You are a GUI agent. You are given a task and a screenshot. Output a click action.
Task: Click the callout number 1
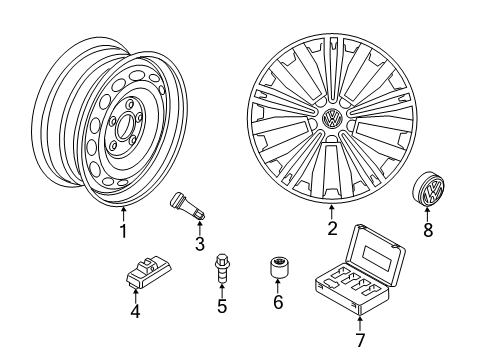[123, 231]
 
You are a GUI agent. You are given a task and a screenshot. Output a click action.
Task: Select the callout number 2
[332, 228]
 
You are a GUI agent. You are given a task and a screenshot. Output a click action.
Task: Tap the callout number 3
[200, 244]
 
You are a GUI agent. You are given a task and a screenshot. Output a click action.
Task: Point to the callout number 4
[135, 312]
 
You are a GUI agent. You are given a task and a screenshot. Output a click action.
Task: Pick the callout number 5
[222, 306]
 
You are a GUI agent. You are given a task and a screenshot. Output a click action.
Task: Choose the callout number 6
[278, 302]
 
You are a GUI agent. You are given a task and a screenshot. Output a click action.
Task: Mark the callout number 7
[360, 340]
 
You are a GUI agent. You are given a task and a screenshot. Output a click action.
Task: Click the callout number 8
[428, 230]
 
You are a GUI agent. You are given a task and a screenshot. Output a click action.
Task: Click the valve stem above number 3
[187, 206]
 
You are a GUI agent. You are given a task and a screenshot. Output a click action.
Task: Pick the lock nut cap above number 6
[278, 267]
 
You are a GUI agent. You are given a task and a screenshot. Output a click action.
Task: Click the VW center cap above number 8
[429, 189]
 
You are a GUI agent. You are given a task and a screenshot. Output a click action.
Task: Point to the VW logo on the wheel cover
[332, 118]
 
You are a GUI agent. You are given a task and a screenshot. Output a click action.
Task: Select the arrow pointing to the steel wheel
[123, 214]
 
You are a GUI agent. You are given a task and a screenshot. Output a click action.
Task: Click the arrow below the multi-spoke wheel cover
[332, 213]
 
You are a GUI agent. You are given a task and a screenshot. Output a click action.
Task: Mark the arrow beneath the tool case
[360, 324]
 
